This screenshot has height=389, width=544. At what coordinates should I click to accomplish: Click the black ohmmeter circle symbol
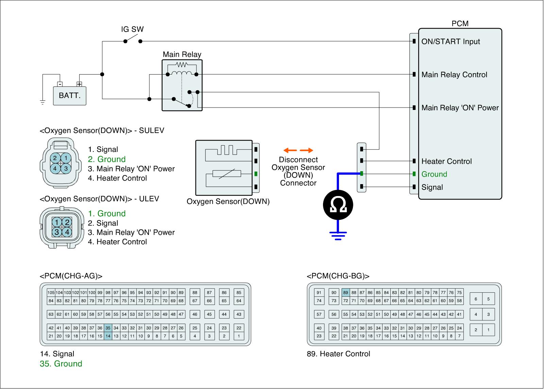338,205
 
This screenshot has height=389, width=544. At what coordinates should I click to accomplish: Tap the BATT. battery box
70,96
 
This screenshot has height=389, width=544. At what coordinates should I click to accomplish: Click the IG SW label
132,29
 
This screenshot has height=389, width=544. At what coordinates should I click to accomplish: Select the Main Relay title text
182,54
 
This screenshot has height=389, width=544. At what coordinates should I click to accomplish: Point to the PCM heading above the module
460,23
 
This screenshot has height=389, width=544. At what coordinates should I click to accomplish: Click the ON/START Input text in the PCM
451,42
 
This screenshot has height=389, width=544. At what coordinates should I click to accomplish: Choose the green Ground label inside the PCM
434,174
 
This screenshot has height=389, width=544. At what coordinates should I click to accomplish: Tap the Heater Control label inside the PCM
446,161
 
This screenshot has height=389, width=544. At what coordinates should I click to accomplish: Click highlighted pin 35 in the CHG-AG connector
108,328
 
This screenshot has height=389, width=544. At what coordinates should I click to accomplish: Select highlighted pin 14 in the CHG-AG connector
108,336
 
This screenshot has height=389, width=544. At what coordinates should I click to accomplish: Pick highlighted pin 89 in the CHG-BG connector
345,292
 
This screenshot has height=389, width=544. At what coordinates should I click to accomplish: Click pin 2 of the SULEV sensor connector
55,158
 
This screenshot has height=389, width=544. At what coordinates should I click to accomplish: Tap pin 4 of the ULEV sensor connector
67,232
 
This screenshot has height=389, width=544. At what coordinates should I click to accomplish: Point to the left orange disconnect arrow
290,150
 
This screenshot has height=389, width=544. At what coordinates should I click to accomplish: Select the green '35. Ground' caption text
61,364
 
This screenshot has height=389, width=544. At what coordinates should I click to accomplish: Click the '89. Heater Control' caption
338,354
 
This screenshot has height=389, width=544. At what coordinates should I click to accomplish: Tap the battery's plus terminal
79,84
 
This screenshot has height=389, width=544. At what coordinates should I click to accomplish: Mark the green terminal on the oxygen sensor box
256,174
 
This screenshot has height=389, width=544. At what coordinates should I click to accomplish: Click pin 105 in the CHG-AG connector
51,292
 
